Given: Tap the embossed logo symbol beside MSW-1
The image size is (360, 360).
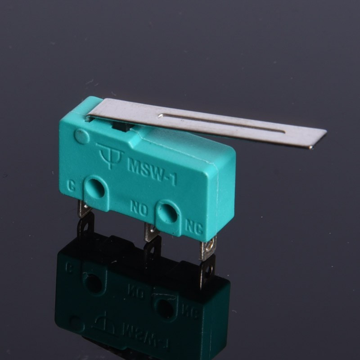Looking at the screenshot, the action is click(x=110, y=156).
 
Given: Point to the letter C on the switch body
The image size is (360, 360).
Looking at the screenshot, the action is click(x=72, y=186).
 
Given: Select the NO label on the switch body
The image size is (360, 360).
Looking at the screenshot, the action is click(x=139, y=208).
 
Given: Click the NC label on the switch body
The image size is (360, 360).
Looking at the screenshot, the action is click(x=194, y=227).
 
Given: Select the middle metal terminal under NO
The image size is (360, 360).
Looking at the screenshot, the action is click(x=151, y=232).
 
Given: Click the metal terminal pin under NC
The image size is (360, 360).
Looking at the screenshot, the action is click(x=208, y=249).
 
